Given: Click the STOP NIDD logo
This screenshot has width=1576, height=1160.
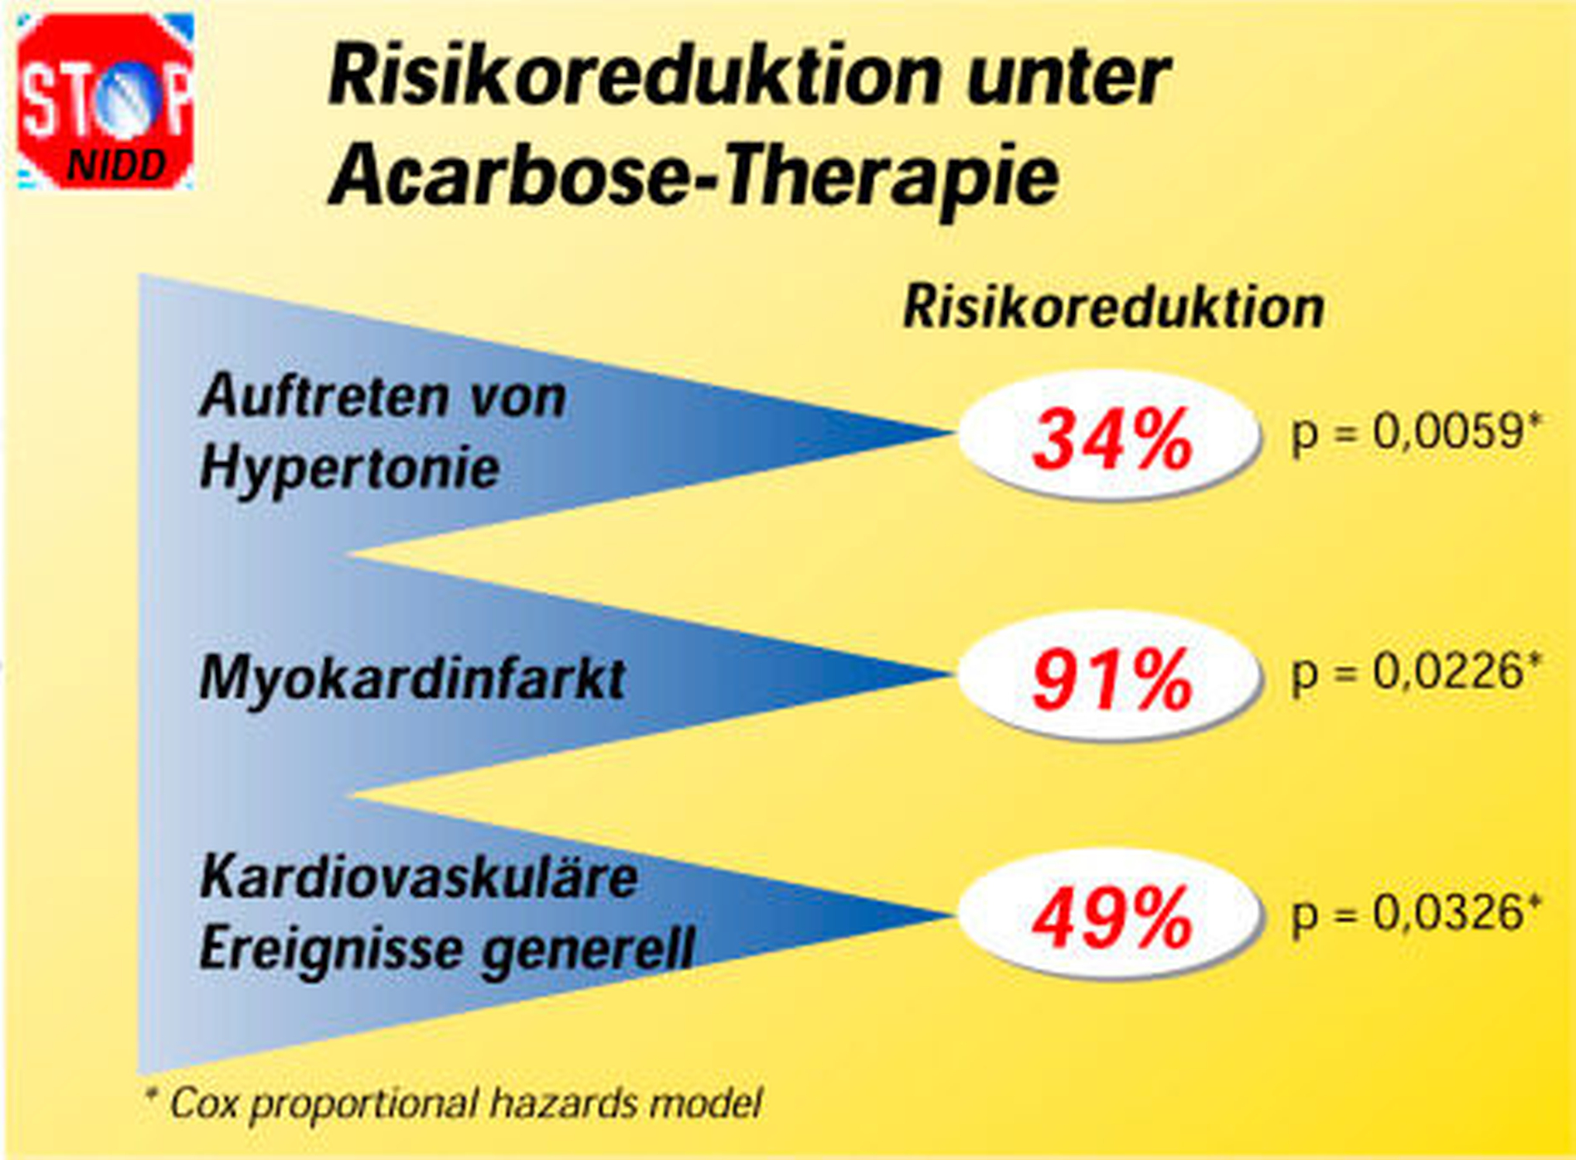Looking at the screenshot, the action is point(105,101).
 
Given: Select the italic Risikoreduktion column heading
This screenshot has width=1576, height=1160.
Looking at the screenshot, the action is point(1113,308).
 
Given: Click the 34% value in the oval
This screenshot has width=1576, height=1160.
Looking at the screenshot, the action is point(1112,439).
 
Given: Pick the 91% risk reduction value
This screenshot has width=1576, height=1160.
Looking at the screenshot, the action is point(1112,680).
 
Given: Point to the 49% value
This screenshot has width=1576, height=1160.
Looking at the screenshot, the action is point(1112,918).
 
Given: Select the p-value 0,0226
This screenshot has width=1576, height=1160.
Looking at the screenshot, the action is point(1415,672).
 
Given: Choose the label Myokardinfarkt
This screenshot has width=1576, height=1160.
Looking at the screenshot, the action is point(412,678).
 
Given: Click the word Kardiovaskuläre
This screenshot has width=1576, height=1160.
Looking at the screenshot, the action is point(419,877).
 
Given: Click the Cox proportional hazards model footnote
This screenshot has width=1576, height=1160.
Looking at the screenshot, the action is point(453,1104).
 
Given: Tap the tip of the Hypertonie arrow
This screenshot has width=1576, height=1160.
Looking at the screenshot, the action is point(951,432).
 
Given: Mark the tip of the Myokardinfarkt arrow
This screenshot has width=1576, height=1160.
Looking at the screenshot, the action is point(951,674).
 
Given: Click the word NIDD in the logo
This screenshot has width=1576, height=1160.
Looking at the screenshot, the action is point(117,166).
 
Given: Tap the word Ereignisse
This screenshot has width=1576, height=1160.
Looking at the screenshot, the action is point(331,948).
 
